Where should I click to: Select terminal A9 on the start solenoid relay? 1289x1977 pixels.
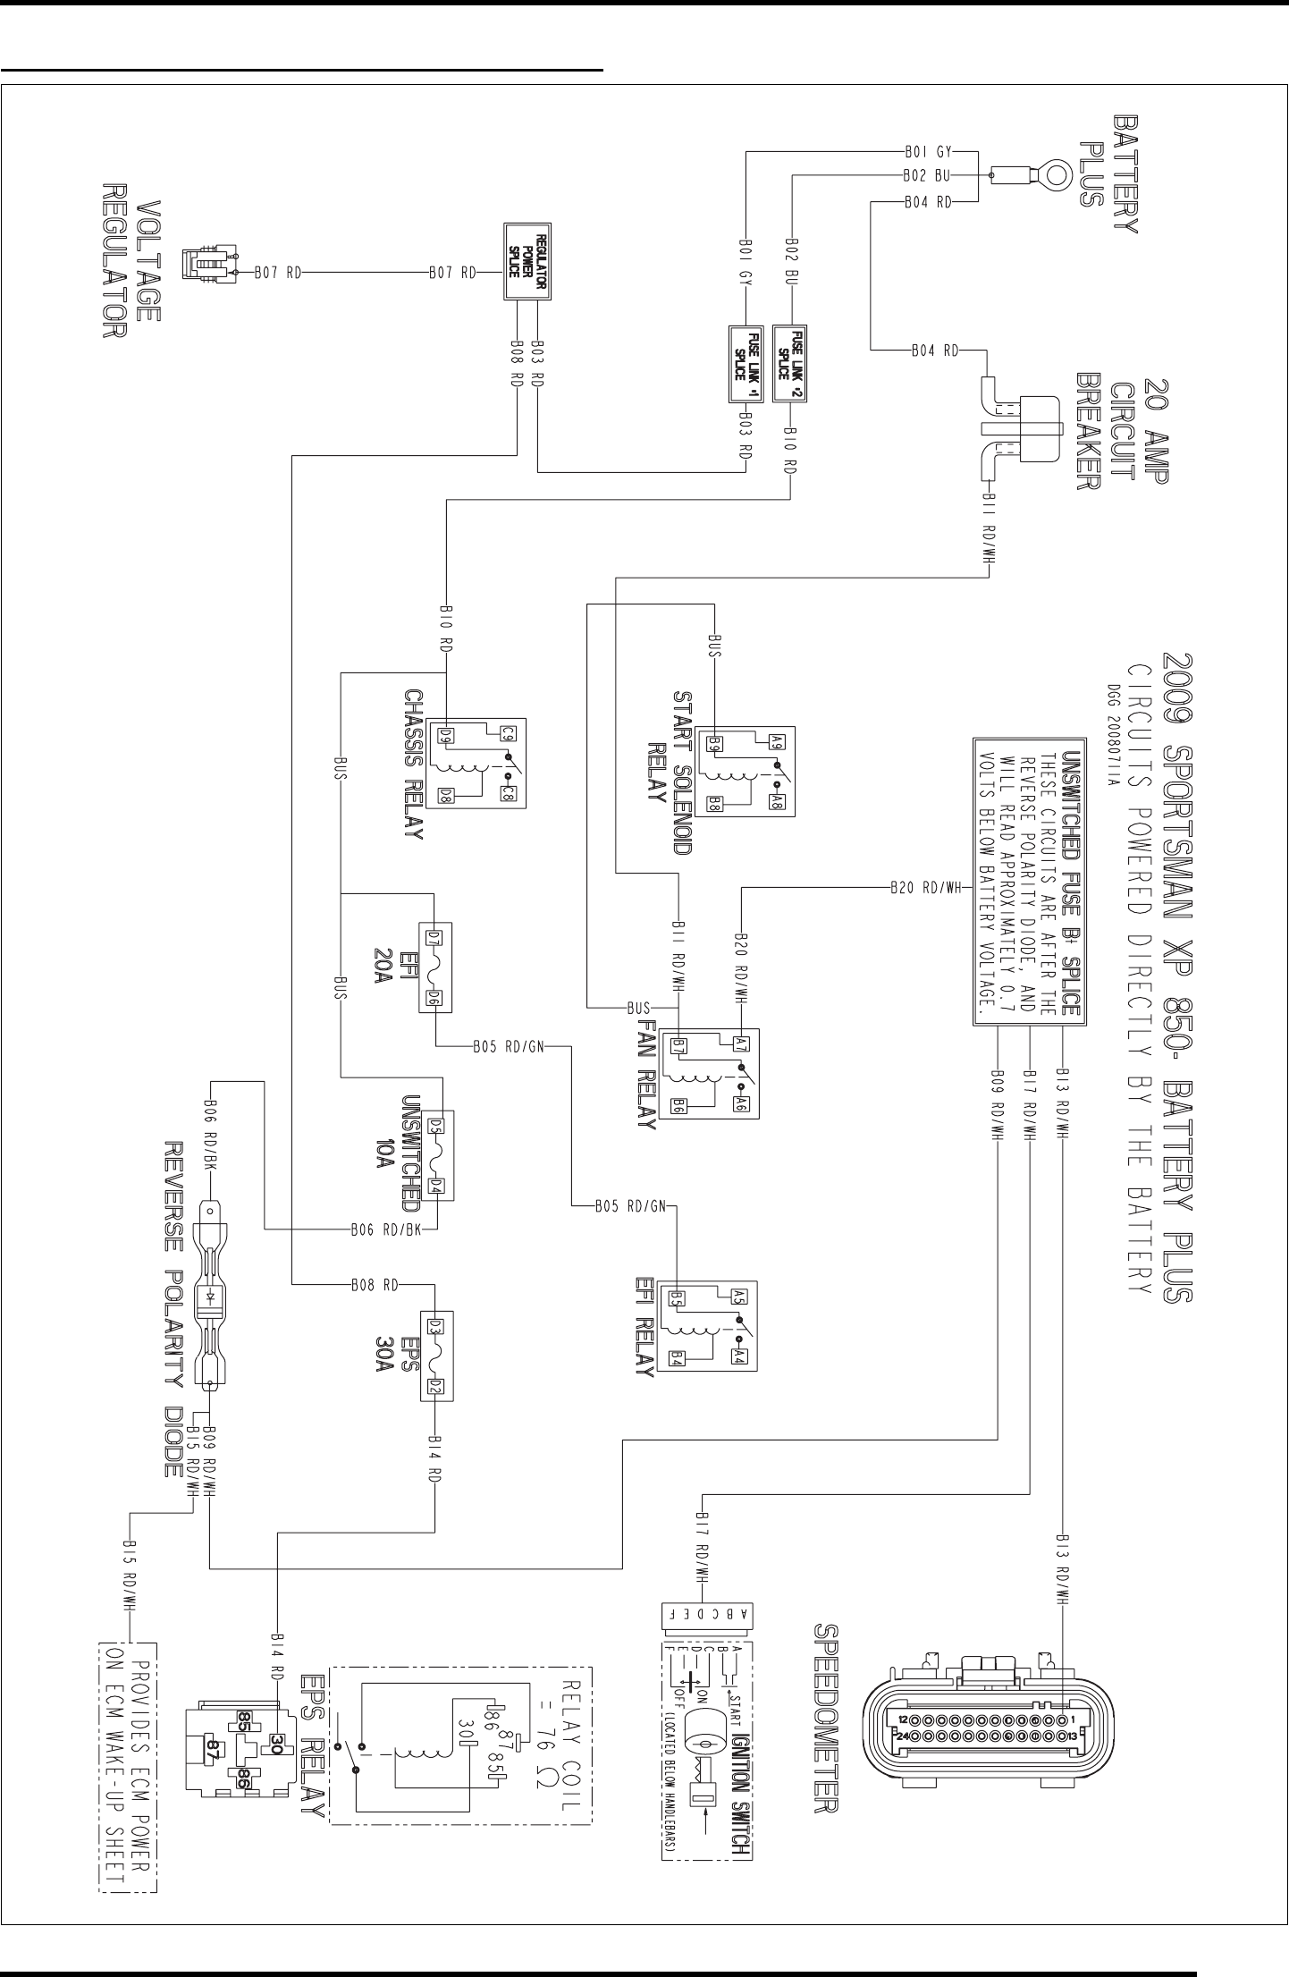point(777,740)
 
